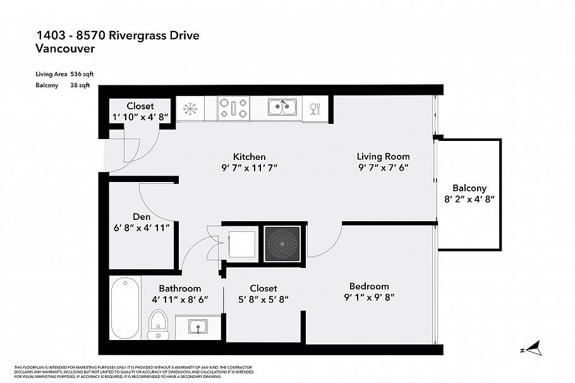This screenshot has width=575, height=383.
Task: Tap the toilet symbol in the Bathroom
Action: [158, 322]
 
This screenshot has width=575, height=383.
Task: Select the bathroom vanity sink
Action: [198, 327]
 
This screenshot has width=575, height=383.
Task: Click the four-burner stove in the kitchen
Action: [233, 108]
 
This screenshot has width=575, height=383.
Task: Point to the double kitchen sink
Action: [282, 108]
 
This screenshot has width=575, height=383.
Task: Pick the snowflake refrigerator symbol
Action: [189, 109]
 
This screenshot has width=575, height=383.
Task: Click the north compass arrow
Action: [533, 347]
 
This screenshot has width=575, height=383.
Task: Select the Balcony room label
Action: [469, 188]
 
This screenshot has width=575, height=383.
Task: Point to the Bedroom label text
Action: [368, 286]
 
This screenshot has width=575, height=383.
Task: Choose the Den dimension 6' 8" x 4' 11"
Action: [142, 228]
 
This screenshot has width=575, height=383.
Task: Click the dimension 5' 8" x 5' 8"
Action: [263, 300]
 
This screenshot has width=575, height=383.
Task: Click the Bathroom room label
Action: [179, 288]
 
